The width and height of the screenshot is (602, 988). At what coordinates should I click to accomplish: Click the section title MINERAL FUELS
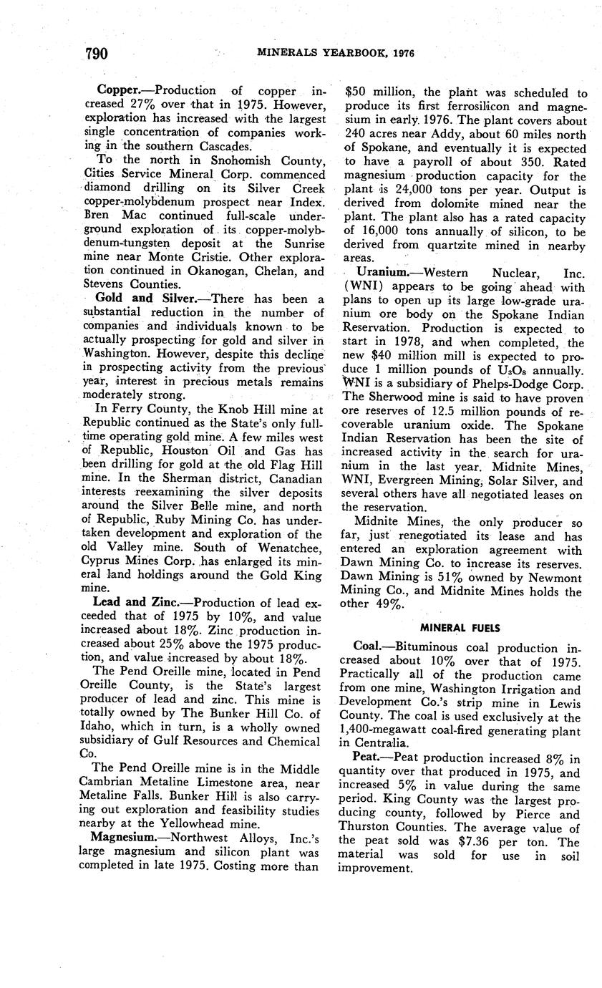tap(461, 628)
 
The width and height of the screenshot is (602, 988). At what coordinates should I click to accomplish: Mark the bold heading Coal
tap(369, 647)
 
